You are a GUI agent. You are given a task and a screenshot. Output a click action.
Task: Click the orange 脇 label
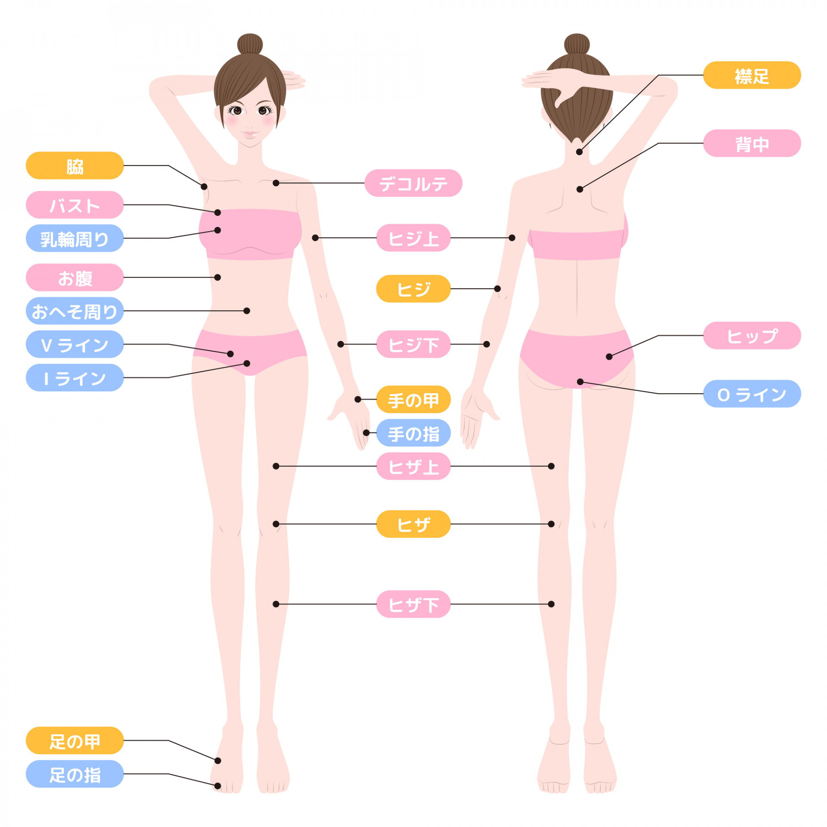click(75, 165)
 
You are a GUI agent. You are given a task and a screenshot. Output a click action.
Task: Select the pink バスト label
click(75, 205)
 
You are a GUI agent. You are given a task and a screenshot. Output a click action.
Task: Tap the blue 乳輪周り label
click(75, 238)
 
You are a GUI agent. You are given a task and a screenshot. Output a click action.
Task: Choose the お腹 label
click(75, 277)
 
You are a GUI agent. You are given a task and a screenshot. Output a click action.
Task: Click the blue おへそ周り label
click(75, 311)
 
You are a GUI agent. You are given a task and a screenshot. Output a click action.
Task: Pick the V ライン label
click(75, 344)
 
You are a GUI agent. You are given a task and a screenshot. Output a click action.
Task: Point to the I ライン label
click(75, 378)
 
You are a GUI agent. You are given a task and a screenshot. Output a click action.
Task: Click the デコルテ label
click(413, 183)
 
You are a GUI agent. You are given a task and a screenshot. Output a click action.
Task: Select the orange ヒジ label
click(413, 289)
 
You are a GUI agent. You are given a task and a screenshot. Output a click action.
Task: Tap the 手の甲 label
click(413, 399)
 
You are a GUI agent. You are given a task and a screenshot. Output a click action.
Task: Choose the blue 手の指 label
click(413, 433)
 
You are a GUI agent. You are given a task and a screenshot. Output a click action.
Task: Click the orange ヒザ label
click(413, 524)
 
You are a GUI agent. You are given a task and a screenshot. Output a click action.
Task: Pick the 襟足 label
click(752, 75)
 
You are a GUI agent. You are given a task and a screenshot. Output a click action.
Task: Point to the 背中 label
click(752, 143)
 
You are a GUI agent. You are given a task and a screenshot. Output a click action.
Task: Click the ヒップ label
click(752, 336)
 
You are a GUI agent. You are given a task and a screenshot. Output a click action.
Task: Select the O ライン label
click(752, 394)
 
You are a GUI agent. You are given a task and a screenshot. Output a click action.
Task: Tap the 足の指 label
click(75, 774)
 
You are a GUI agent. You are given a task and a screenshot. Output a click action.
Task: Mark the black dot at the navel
click(247, 311)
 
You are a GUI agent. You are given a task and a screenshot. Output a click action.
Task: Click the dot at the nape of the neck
click(579, 152)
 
